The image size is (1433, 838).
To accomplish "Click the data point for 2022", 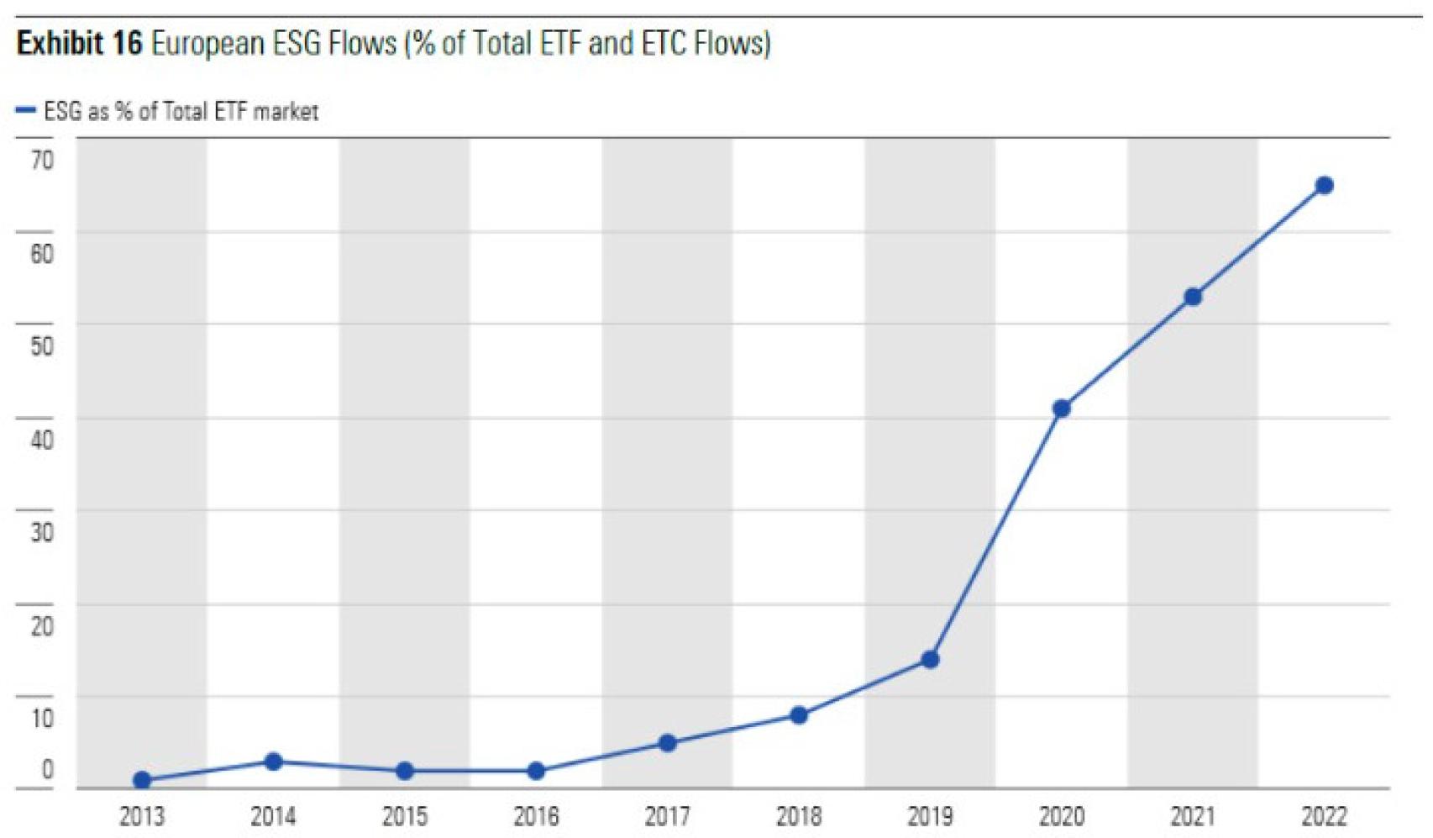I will click(1324, 186).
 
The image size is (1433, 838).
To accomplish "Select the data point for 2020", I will click(1061, 408).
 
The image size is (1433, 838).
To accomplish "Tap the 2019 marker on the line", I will click(930, 660).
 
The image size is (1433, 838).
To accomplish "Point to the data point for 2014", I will click(273, 762).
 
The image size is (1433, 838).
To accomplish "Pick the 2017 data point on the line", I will click(667, 743).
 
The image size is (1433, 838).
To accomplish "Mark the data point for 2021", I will click(1193, 297).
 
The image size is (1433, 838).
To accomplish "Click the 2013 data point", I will click(142, 780).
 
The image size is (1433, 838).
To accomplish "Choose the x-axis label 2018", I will click(799, 816).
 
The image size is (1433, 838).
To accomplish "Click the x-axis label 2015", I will click(405, 816).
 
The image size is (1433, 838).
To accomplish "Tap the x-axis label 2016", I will click(536, 816).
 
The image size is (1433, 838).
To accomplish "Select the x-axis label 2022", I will click(1324, 816).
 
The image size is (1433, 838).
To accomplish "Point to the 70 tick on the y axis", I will click(42, 160).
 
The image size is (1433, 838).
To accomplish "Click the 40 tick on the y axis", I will click(42, 439).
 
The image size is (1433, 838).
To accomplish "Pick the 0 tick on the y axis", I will click(47, 769).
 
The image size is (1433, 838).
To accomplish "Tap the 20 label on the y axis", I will click(42, 625).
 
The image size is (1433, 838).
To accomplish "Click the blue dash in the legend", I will click(26, 111).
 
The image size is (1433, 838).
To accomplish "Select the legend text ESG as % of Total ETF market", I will click(181, 111).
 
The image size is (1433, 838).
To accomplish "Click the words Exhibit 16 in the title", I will click(79, 43).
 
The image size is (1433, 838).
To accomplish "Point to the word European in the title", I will click(207, 43).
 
